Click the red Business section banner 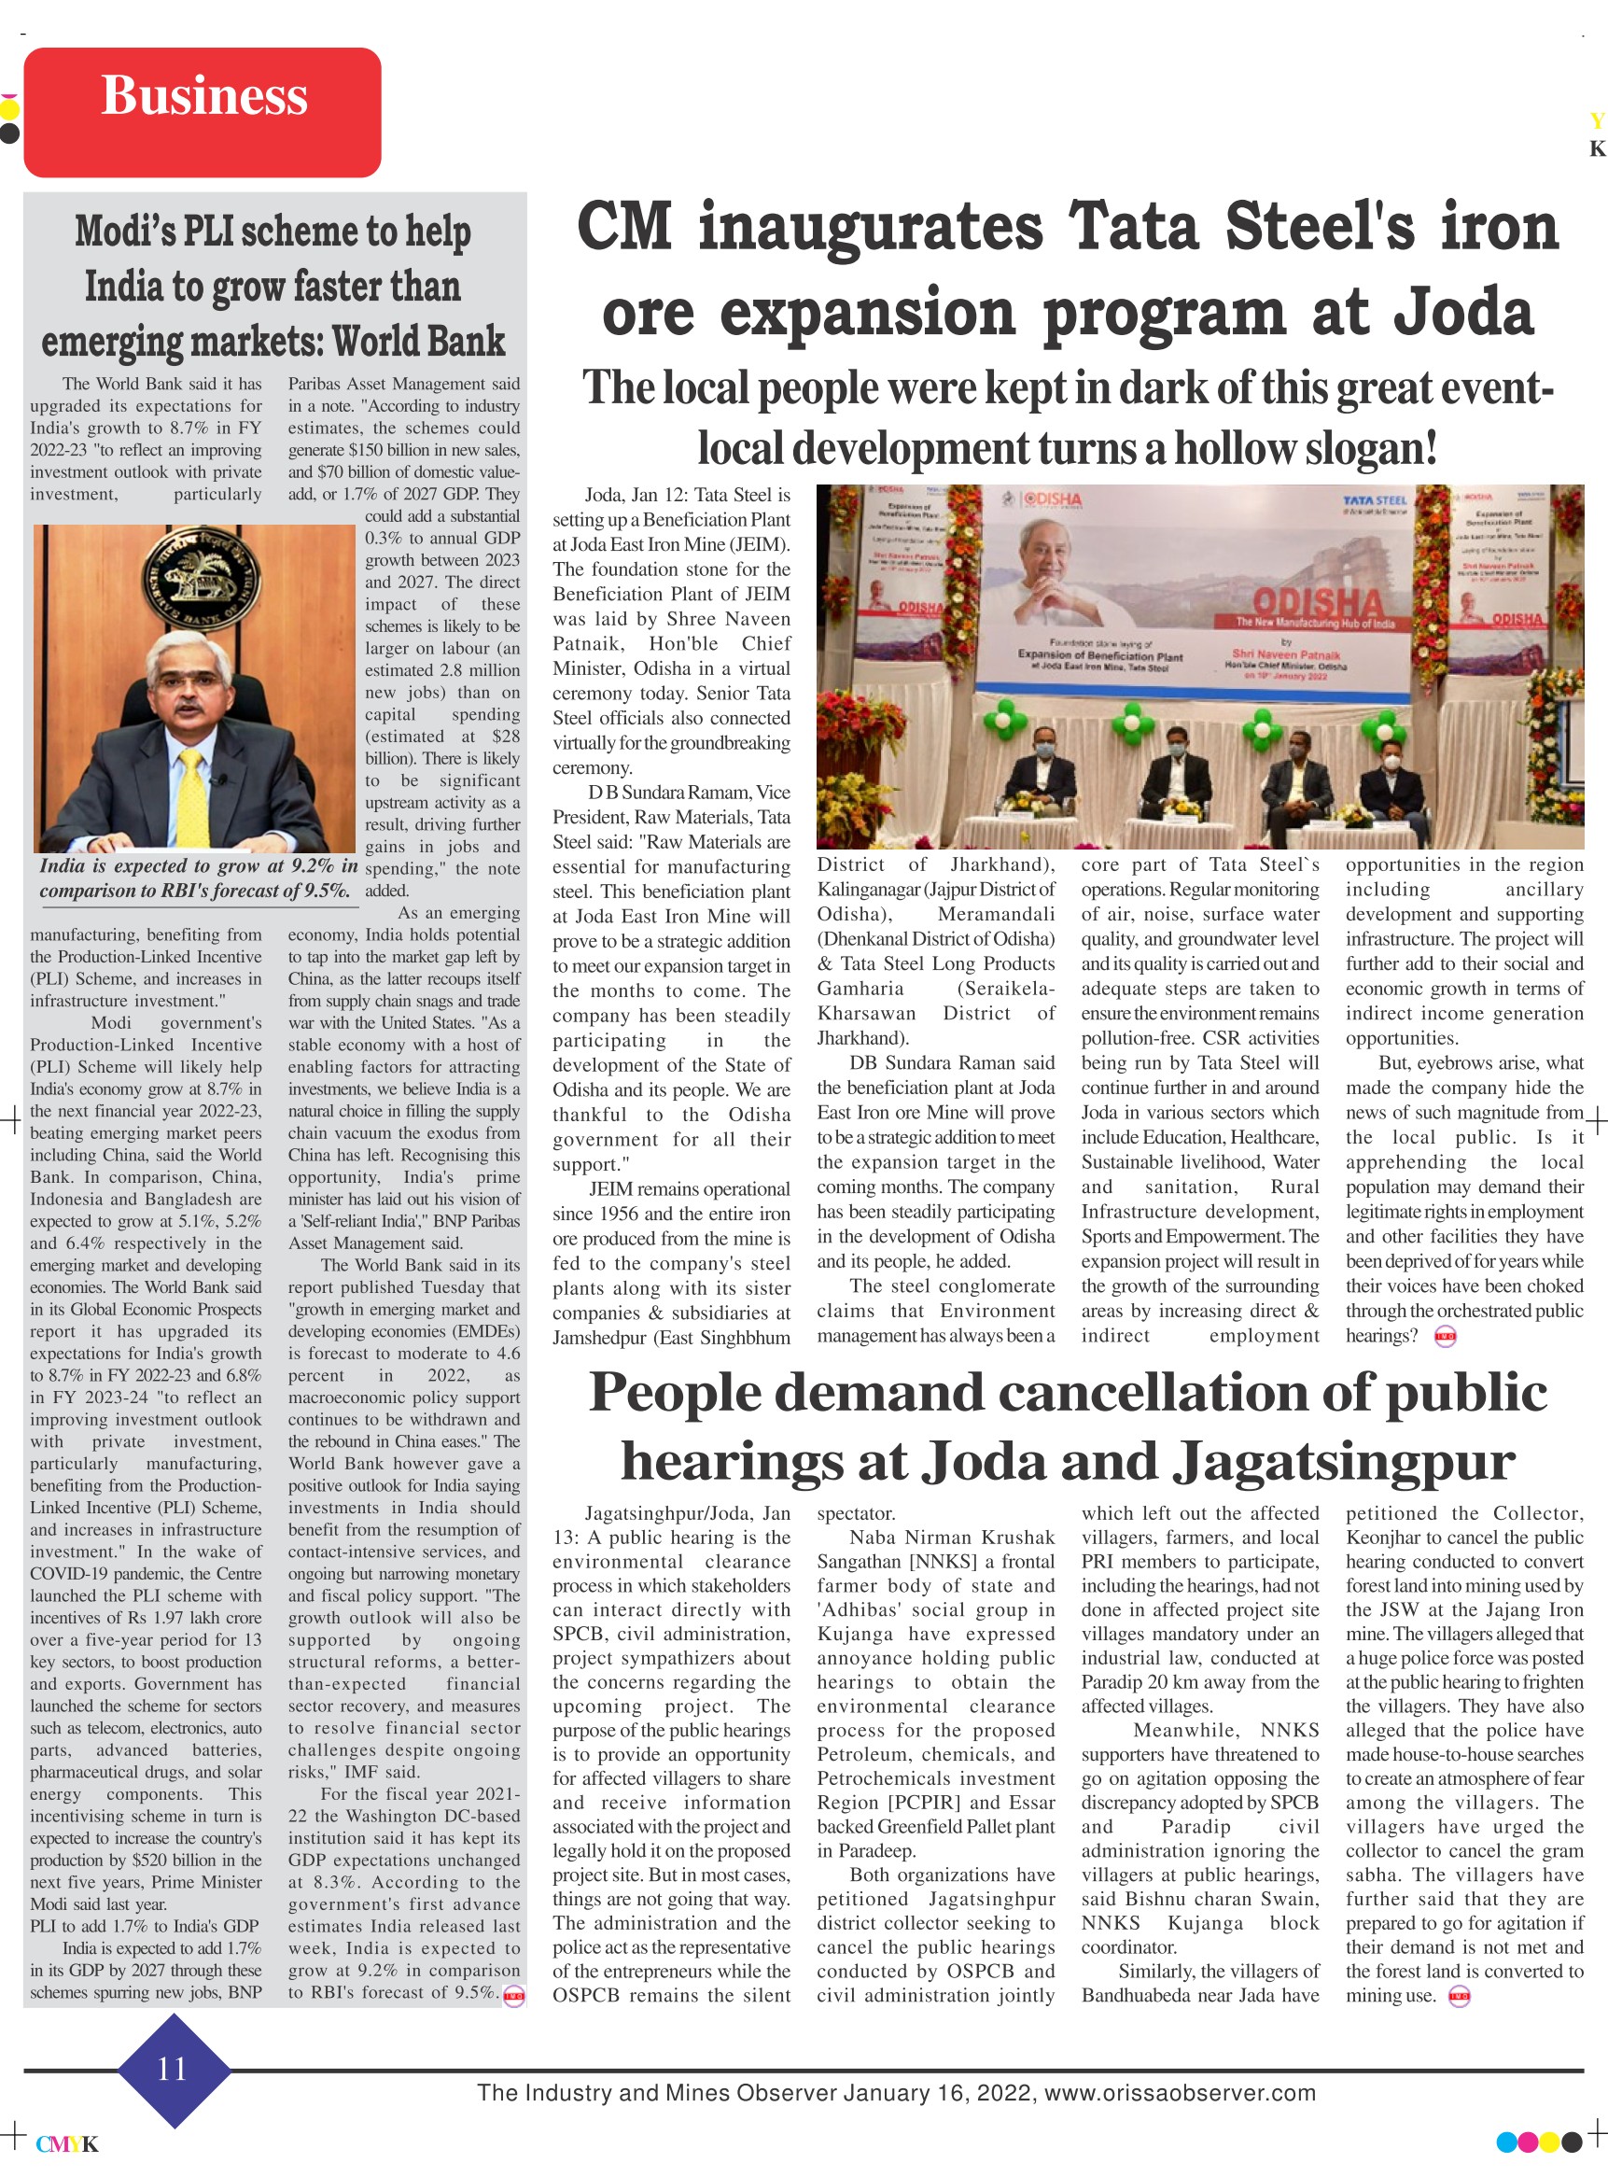[x=203, y=112]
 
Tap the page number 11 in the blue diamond [x=173, y=2068]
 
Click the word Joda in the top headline [x=1463, y=314]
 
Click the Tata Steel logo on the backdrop [x=1375, y=501]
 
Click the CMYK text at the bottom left [x=67, y=2144]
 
